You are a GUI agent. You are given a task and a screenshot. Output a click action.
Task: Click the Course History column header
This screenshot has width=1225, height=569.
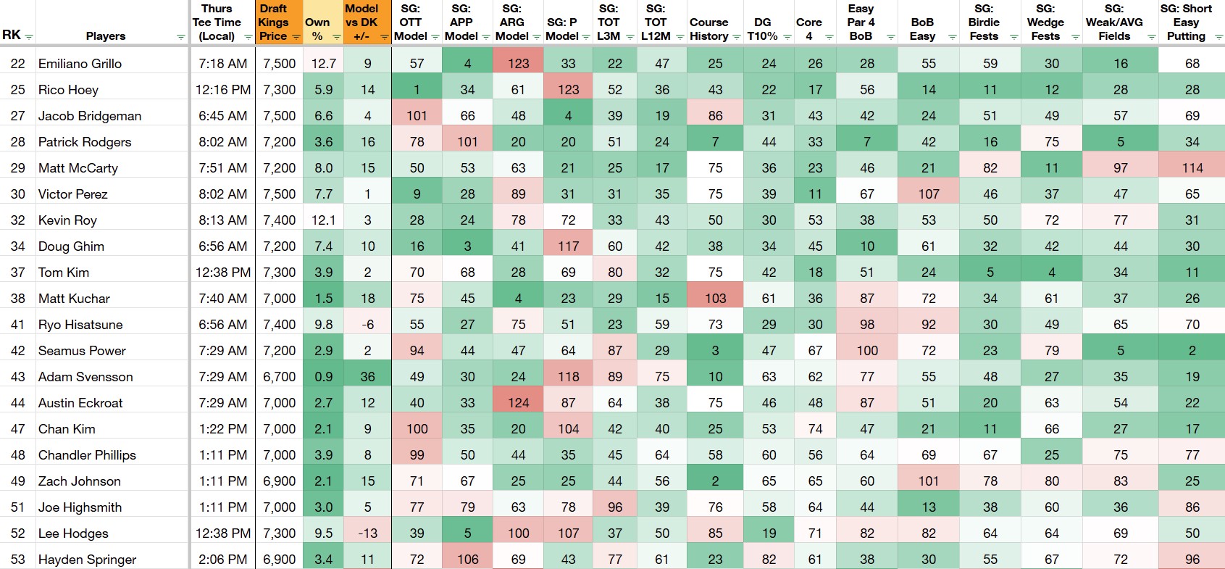coord(708,29)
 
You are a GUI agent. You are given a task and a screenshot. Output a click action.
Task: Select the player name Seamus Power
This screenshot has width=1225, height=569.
coord(82,351)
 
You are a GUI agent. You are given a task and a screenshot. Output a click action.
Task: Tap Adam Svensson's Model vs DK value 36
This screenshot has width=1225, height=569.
coord(367,376)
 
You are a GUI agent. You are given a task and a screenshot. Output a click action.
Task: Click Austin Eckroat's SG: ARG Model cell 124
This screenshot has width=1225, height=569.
coord(519,403)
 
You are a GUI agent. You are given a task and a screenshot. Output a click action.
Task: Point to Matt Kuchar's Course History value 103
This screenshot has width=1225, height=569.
coord(715,298)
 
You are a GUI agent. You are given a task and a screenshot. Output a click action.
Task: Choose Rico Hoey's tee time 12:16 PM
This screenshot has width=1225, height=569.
coord(223,90)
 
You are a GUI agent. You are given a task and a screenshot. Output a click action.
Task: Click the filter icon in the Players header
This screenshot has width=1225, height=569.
coord(180,37)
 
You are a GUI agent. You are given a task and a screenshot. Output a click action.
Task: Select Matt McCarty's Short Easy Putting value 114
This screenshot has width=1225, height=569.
coord(1192,168)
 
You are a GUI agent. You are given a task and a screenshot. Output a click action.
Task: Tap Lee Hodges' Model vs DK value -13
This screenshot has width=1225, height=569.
coord(367,533)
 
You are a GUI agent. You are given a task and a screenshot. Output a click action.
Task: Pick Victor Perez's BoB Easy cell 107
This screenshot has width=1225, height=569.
coord(929,194)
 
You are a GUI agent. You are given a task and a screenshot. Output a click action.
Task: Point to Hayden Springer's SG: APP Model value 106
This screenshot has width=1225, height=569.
coord(467,559)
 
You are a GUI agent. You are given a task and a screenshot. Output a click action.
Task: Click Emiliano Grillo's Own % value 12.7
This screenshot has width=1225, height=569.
coord(324,64)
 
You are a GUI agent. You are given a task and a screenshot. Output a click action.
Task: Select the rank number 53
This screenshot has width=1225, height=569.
coord(18,559)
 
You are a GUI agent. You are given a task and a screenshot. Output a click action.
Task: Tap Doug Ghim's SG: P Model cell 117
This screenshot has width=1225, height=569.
coord(568,246)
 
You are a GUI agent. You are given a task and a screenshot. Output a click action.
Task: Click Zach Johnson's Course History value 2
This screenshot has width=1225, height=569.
coord(715,481)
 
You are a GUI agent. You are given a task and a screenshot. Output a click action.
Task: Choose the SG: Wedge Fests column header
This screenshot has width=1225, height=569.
coord(1045,22)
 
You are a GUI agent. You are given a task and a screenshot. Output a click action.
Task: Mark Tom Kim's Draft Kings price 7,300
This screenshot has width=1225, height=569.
coord(280,273)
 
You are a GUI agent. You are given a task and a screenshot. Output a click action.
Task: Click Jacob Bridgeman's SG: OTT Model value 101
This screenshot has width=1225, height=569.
coord(417,116)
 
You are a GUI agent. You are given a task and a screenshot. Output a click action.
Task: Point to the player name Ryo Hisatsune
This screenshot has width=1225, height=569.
coord(80,325)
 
